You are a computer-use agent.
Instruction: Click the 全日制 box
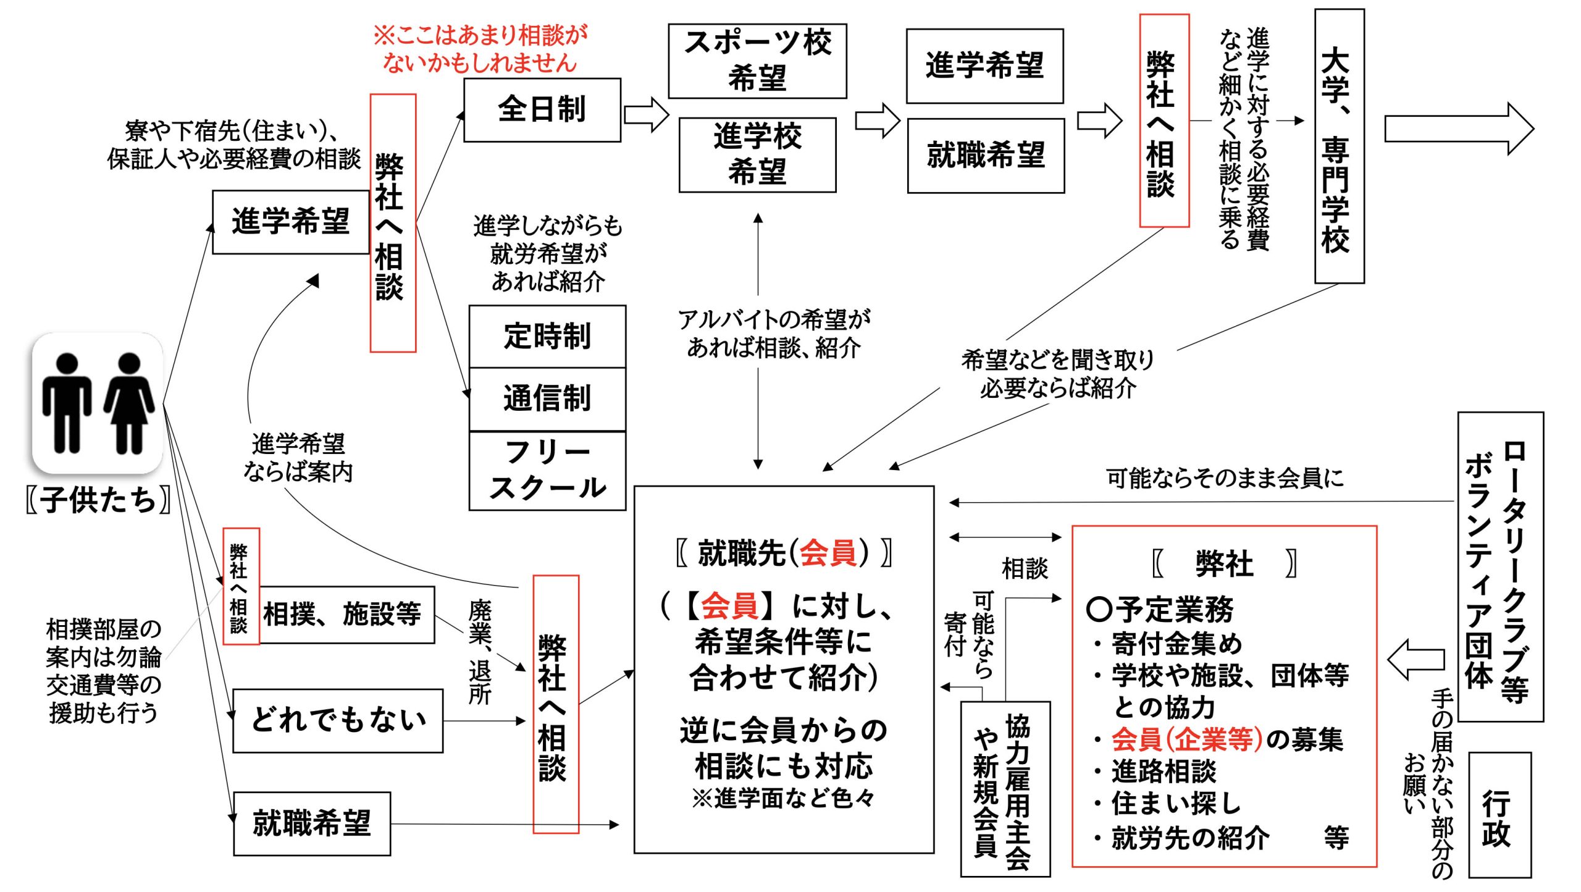pos(542,110)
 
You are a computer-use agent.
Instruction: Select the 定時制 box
pos(547,337)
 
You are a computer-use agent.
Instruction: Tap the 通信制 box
pos(547,398)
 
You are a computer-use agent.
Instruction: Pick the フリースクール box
pos(547,471)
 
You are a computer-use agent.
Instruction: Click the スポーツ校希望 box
pos(757,61)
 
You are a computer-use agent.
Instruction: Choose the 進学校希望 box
pos(757,154)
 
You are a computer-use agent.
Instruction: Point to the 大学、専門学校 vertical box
pos(1339,146)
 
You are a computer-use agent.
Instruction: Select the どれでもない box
pos(338,720)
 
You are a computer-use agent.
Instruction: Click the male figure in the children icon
pos(67,403)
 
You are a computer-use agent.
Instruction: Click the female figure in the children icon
pos(129,403)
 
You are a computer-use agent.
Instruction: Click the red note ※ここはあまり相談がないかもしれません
pos(480,49)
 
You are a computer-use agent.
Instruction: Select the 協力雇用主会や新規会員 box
pos(1005,789)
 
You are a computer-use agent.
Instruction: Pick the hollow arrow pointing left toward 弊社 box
pos(1416,659)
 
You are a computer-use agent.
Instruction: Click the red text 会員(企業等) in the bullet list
pos(1186,739)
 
